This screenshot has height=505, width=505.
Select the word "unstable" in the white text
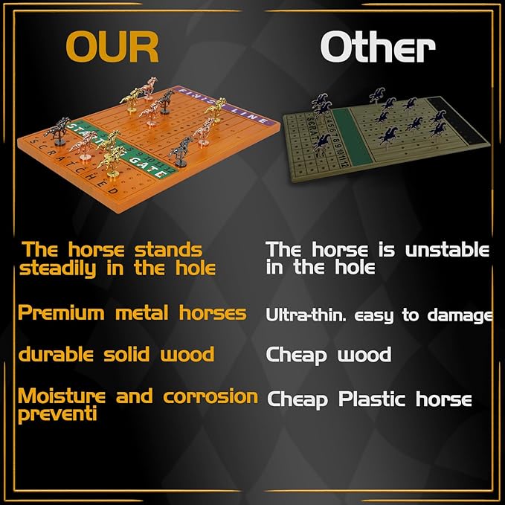(446, 250)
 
